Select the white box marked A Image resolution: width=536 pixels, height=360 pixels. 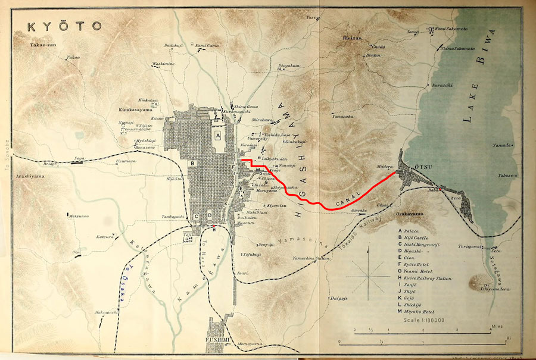coord(218,136)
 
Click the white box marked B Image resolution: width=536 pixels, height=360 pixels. coord(192,162)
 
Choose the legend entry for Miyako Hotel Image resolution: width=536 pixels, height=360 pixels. coord(424,312)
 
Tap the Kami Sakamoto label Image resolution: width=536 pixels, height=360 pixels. coord(450,28)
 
